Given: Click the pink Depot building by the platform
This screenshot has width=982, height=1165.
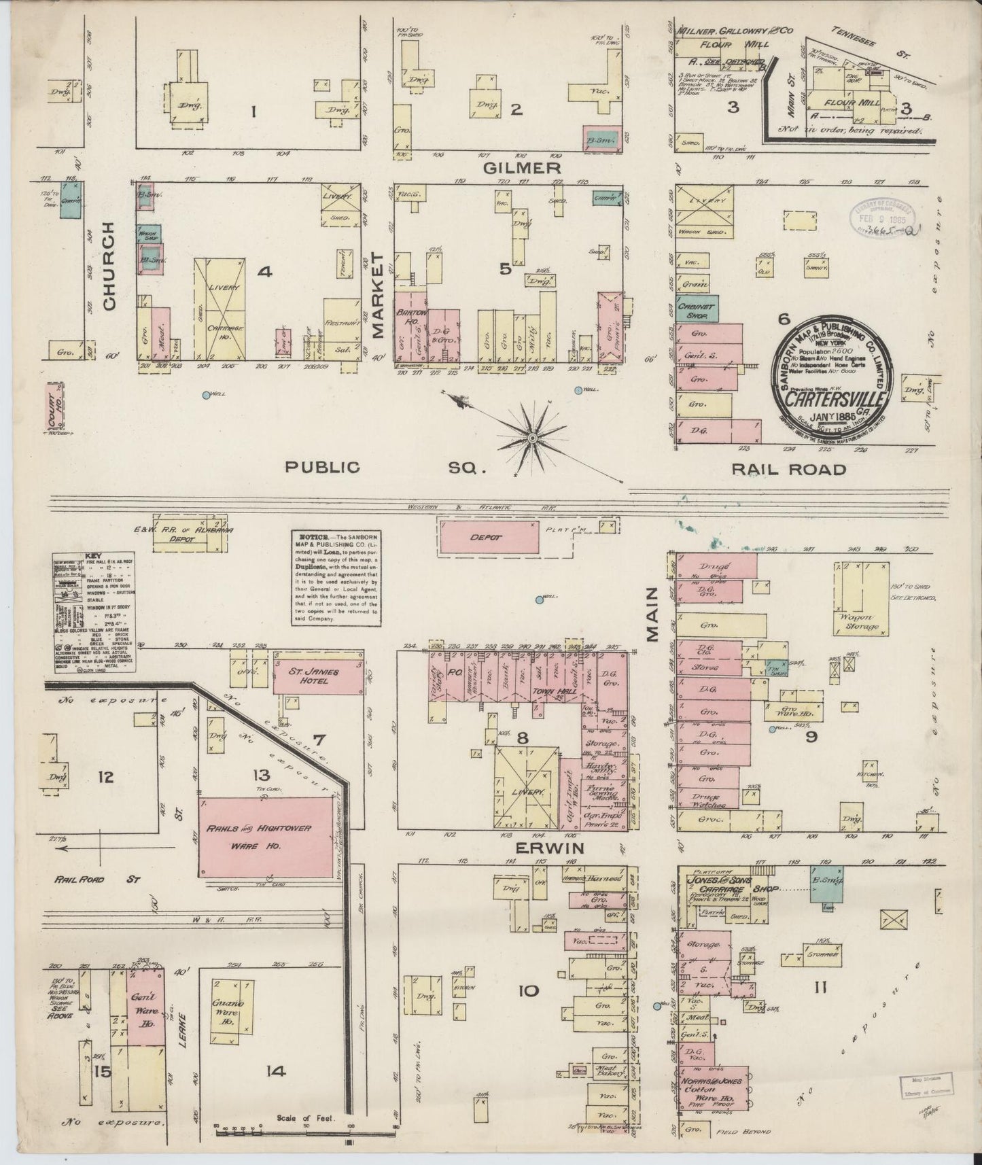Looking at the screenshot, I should point(489,537).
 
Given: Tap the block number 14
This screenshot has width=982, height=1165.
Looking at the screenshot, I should point(275,1072).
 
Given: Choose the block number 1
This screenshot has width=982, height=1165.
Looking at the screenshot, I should point(253,109).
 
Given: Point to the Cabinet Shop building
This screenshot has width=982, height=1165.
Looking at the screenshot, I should point(696,309).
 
